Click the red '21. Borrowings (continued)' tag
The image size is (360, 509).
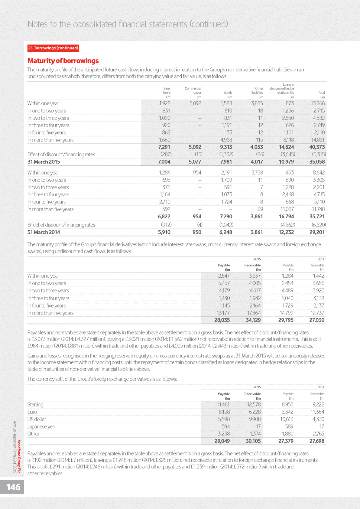tap(53, 48)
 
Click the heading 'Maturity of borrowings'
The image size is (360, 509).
tap(63, 61)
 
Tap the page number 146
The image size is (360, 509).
tap(13, 487)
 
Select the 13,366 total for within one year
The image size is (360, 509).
tap(318, 103)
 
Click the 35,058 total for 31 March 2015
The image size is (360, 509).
tap(317, 162)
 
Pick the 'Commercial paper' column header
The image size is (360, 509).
tap(193, 91)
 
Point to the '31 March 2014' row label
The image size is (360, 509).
tap(44, 232)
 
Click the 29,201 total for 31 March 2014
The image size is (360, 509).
tap(317, 232)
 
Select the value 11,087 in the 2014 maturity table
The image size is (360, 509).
tap(286, 209)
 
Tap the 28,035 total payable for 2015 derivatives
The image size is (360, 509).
tap(222, 320)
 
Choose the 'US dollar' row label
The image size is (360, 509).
tap(37, 419)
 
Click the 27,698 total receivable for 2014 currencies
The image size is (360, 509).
tap(317, 441)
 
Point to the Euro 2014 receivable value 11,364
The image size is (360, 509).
tap(317, 412)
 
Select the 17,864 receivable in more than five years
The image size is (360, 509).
tap(254, 313)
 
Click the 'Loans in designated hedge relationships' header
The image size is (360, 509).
tap(282, 89)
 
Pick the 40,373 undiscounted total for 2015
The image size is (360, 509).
tap(317, 147)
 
